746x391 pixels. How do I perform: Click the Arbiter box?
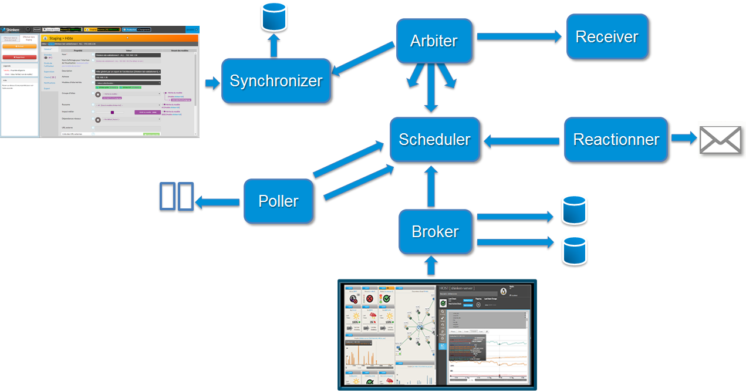click(x=434, y=41)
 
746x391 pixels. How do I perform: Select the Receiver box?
click(x=607, y=36)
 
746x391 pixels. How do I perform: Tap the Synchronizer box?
click(x=276, y=80)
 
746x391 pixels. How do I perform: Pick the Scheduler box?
click(x=434, y=139)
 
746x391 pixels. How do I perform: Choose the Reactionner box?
click(x=616, y=140)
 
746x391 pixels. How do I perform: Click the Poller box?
click(x=278, y=201)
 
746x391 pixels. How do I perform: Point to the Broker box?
click(x=435, y=231)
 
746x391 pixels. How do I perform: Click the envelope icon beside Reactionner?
click(x=720, y=140)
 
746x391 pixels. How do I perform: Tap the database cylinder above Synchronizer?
click(x=274, y=18)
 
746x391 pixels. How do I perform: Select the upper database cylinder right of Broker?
click(x=574, y=211)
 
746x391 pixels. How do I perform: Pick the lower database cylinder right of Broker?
click(x=574, y=251)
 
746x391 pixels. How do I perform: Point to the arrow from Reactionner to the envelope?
click(x=683, y=139)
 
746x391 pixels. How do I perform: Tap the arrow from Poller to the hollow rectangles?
click(x=218, y=203)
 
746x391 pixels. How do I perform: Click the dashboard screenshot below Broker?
click(x=437, y=335)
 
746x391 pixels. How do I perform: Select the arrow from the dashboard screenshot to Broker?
click(x=431, y=267)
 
